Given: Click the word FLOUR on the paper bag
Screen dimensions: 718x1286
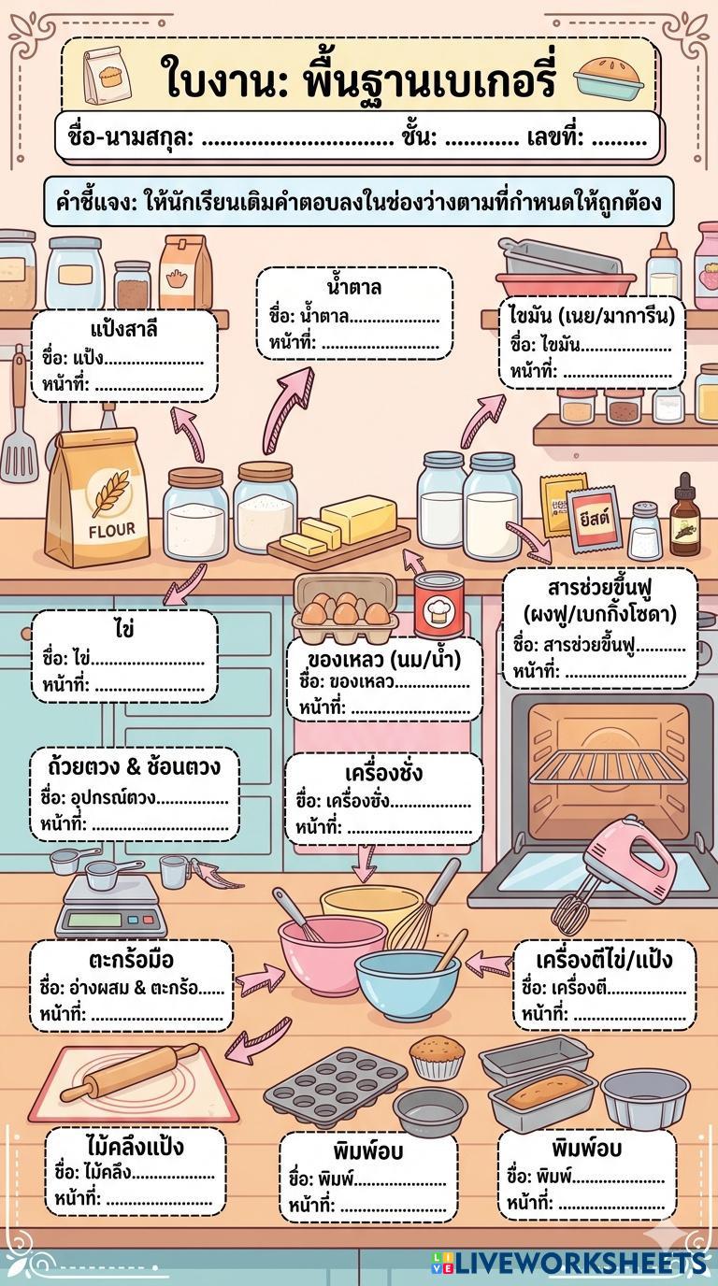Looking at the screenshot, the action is pos(111,529).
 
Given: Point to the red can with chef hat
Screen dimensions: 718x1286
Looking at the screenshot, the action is pos(438,606).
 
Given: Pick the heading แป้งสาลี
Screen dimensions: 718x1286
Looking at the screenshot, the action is pos(124,330).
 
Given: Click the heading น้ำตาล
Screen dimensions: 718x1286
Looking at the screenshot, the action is pos(354,286).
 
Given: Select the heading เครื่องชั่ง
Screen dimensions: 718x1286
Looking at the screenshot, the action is pos(383,773).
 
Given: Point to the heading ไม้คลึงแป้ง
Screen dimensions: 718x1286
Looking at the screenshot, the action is pos(134,1147).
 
